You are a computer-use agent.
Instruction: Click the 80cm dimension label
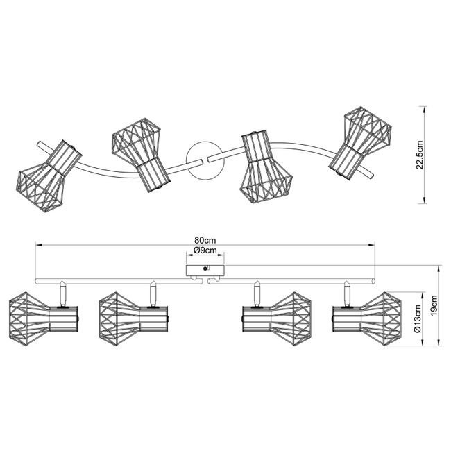click(x=205, y=240)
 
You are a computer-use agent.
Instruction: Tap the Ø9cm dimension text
click(x=205, y=250)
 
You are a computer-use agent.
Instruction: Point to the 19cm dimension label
click(x=434, y=305)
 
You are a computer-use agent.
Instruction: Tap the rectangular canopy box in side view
click(x=205, y=269)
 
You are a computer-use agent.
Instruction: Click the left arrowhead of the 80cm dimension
click(x=37, y=245)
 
